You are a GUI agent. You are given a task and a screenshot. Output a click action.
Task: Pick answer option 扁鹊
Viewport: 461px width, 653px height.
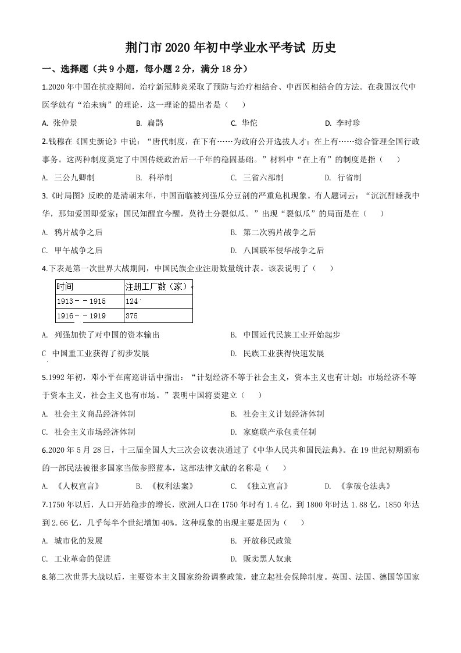tap(155, 123)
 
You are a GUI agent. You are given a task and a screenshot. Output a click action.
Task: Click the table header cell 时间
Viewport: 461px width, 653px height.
tap(65, 286)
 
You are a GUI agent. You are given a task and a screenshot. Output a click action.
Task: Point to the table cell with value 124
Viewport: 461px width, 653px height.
tap(133, 301)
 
